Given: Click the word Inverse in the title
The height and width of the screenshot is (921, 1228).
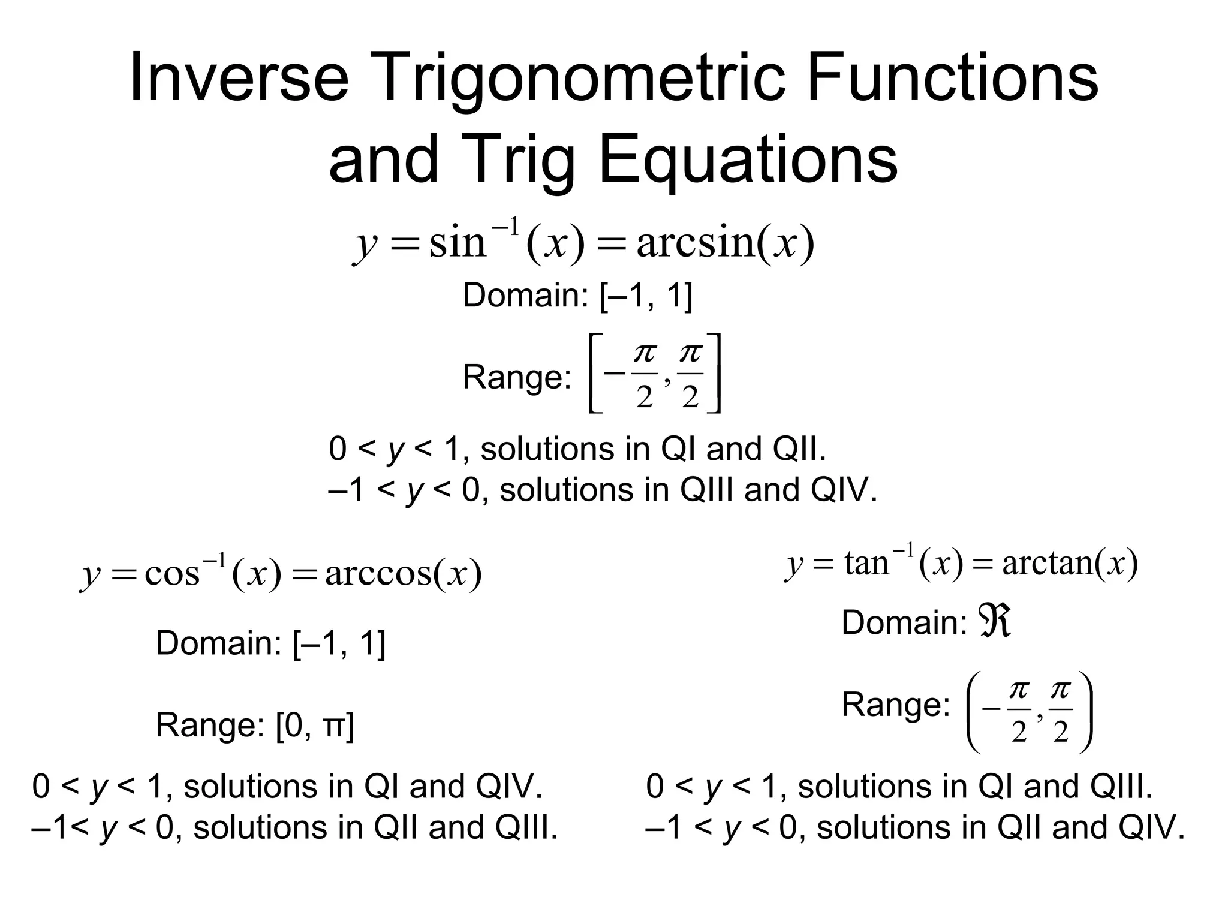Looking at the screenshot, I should click(x=239, y=78).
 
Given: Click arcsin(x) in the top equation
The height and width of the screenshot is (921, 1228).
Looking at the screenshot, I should click(x=725, y=243).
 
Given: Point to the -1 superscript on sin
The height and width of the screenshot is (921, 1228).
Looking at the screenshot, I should click(x=505, y=228).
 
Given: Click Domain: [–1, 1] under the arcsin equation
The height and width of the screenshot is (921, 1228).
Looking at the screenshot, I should click(x=577, y=296).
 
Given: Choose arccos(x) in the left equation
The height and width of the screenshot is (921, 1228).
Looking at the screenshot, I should click(x=403, y=574).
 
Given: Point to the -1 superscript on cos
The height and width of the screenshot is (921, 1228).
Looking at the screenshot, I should click(x=215, y=561).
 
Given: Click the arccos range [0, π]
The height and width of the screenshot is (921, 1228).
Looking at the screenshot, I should click(x=314, y=726).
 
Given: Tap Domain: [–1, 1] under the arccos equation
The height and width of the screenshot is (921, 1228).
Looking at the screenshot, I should click(x=270, y=643).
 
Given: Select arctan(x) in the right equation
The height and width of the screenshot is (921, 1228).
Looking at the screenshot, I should click(x=1070, y=564).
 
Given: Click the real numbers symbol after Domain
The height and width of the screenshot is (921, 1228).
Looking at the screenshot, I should click(x=995, y=621).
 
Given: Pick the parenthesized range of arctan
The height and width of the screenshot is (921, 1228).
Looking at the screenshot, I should click(x=1029, y=712).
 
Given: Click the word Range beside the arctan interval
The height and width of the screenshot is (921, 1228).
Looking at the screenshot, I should click(x=895, y=705).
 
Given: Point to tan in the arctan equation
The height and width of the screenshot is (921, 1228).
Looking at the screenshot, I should click(x=866, y=564).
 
